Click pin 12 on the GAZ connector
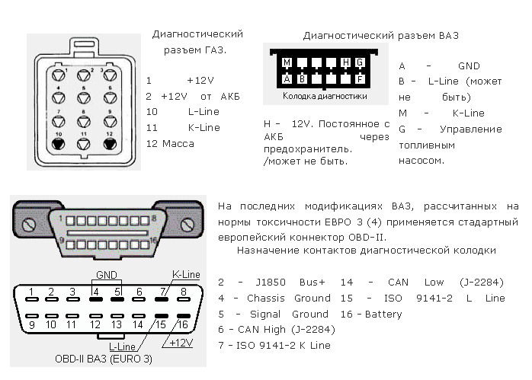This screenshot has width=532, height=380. (x=110, y=144)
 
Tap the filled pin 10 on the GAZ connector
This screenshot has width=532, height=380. (x=59, y=144)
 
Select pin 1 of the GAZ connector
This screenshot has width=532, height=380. (x=59, y=75)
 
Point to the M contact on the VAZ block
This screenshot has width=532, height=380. (x=287, y=62)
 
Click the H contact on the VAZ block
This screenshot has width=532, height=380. (x=345, y=62)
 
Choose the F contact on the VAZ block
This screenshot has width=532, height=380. (x=360, y=79)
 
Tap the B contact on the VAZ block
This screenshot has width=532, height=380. (x=302, y=79)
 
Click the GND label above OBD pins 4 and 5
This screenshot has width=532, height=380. (x=107, y=275)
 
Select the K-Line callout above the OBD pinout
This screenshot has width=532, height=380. (x=186, y=274)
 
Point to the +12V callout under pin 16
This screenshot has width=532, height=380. (x=181, y=343)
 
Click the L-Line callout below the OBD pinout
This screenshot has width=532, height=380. (x=122, y=346)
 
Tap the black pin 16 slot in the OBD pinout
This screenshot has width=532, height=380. (x=184, y=316)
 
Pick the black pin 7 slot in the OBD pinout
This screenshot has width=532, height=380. (x=162, y=299)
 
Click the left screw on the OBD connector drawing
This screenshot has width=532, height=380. (x=28, y=225)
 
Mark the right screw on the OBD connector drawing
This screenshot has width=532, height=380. (x=187, y=225)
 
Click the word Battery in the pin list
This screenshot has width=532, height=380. (x=383, y=315)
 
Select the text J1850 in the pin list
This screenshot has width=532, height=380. (x=271, y=283)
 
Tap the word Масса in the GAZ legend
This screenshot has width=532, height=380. (x=178, y=144)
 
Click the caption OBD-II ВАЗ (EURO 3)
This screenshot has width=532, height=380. (x=104, y=359)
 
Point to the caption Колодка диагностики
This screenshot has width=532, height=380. (x=325, y=96)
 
